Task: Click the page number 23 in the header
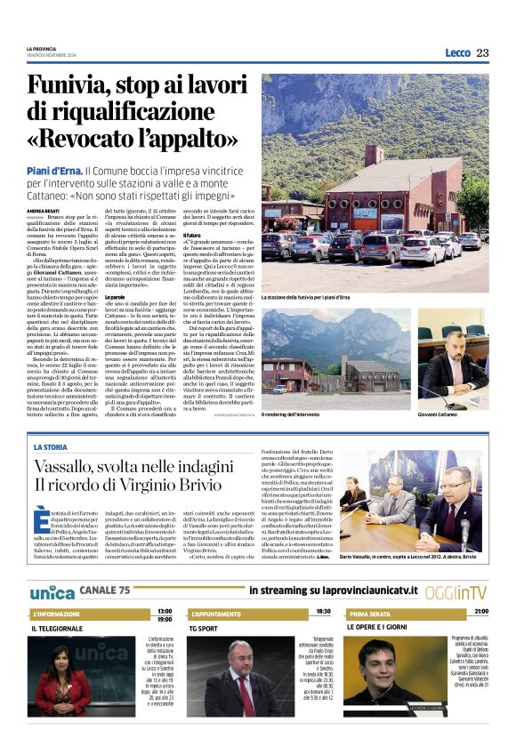pos(482,52)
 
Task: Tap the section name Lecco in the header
pos(457,52)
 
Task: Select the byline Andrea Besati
pos(42,210)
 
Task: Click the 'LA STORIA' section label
pos(51,446)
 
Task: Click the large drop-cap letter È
pos(41,518)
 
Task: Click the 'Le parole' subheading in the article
pos(115,295)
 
